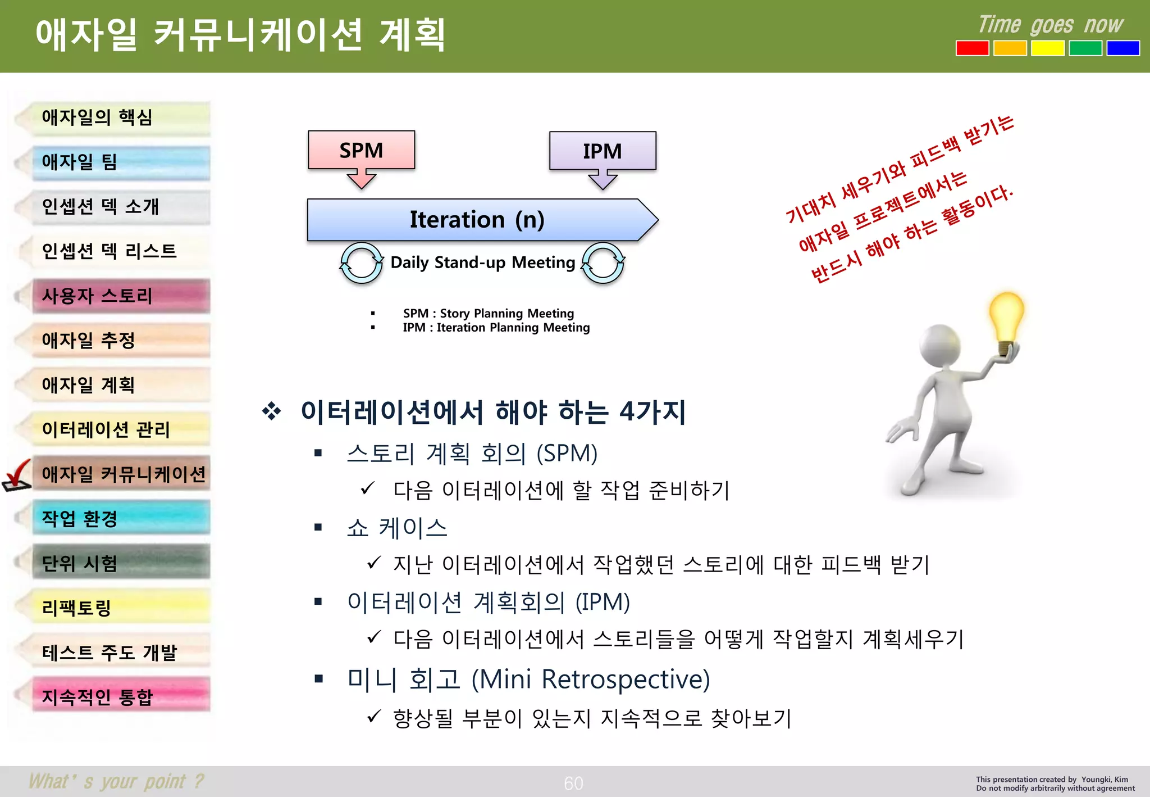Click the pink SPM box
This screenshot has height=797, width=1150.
(x=361, y=150)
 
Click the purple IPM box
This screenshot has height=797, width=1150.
(x=602, y=151)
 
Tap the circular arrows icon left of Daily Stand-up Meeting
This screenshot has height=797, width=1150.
(x=361, y=263)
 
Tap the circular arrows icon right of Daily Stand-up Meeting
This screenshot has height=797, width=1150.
(x=603, y=263)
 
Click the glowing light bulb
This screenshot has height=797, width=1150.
(x=1007, y=318)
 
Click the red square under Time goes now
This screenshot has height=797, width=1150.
(x=972, y=48)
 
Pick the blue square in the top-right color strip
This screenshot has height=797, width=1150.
(x=1122, y=48)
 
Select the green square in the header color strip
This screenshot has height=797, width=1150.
(x=1085, y=48)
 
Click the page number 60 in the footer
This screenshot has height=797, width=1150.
(x=573, y=783)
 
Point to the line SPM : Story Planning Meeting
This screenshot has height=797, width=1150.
(x=488, y=313)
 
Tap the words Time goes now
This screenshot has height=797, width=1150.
(x=1050, y=25)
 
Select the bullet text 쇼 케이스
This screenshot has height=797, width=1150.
(x=396, y=527)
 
